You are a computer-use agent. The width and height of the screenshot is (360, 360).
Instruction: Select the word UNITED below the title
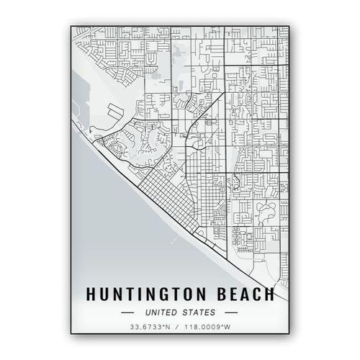tap(161, 312)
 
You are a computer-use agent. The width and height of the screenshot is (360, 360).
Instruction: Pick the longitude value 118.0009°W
tap(207, 328)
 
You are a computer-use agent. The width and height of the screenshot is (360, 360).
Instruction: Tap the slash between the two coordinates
tap(179, 328)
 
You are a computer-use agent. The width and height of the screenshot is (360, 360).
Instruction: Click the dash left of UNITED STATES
tap(128, 312)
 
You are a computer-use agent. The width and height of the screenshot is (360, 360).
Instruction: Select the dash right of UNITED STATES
tap(230, 312)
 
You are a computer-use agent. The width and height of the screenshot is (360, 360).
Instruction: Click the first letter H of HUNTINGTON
tap(91, 294)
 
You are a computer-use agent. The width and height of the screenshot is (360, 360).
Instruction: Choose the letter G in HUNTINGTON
tap(160, 294)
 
